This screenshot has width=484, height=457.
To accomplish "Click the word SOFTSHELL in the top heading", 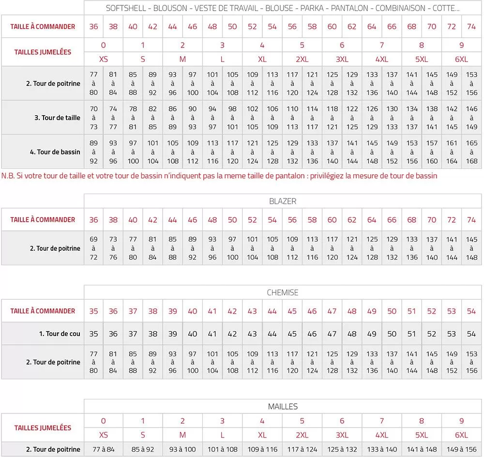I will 124,8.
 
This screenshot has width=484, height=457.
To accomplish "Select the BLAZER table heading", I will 283,201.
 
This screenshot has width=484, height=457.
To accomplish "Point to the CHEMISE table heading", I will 283,292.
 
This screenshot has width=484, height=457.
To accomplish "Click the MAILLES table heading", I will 283,407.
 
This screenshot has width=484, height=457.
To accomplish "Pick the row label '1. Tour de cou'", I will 60,334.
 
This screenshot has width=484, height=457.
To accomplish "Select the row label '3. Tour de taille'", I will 57,118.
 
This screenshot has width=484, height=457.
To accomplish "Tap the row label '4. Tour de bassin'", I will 55,152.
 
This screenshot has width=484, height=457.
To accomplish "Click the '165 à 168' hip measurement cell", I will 471,152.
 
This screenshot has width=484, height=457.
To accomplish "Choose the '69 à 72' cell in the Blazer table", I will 93,248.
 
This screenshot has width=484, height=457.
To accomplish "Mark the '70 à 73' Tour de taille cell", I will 93,118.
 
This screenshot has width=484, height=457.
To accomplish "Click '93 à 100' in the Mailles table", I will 182,449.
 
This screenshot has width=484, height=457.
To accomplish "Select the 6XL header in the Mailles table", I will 461,435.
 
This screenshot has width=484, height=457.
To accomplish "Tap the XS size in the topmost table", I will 103,60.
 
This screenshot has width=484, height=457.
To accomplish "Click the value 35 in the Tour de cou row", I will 93,334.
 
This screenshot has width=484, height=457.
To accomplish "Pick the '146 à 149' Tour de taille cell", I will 471,118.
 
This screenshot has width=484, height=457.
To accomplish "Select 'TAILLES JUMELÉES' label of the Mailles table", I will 43,428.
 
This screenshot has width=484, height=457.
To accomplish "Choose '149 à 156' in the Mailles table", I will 461,449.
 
